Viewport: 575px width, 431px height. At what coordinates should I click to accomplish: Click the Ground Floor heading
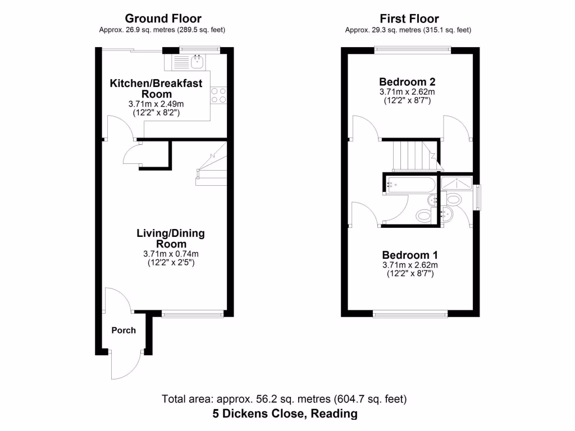[163, 19]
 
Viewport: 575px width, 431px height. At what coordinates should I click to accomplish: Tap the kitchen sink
[197, 61]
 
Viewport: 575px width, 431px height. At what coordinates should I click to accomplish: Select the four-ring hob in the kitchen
[218, 95]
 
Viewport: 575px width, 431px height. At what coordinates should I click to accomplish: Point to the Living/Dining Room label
[171, 239]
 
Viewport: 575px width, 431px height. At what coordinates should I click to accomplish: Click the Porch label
[124, 330]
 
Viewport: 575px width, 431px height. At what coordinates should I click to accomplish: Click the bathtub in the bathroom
[410, 184]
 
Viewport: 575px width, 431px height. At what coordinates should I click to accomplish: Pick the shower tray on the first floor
[458, 182]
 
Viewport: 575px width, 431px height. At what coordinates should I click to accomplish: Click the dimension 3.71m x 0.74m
[171, 254]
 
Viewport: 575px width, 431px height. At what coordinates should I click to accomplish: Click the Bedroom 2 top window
[413, 50]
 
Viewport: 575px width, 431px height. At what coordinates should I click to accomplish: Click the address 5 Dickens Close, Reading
[285, 414]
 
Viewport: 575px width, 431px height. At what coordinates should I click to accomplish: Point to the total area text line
[285, 400]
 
